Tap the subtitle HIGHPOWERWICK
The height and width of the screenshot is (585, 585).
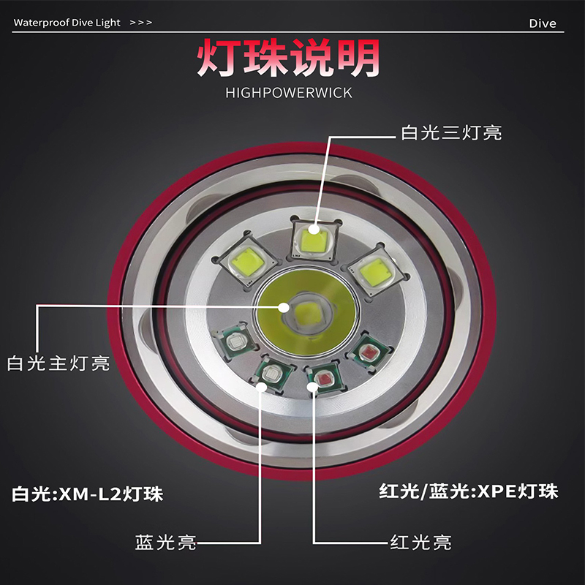pyautogui.click(x=289, y=93)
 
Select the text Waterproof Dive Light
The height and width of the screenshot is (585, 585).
pyautogui.click(x=67, y=23)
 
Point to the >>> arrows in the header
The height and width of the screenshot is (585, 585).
pyautogui.click(x=141, y=23)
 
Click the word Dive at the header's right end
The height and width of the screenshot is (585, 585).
pyautogui.click(x=542, y=23)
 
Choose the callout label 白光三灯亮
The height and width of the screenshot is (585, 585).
pyautogui.click(x=451, y=133)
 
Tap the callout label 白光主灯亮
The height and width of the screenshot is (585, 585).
pyautogui.click(x=58, y=363)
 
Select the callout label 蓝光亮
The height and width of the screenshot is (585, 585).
pyautogui.click(x=165, y=543)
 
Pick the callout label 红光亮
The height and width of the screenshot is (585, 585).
pyautogui.click(x=420, y=543)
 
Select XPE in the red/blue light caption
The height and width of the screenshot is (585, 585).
pyautogui.click(x=493, y=491)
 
